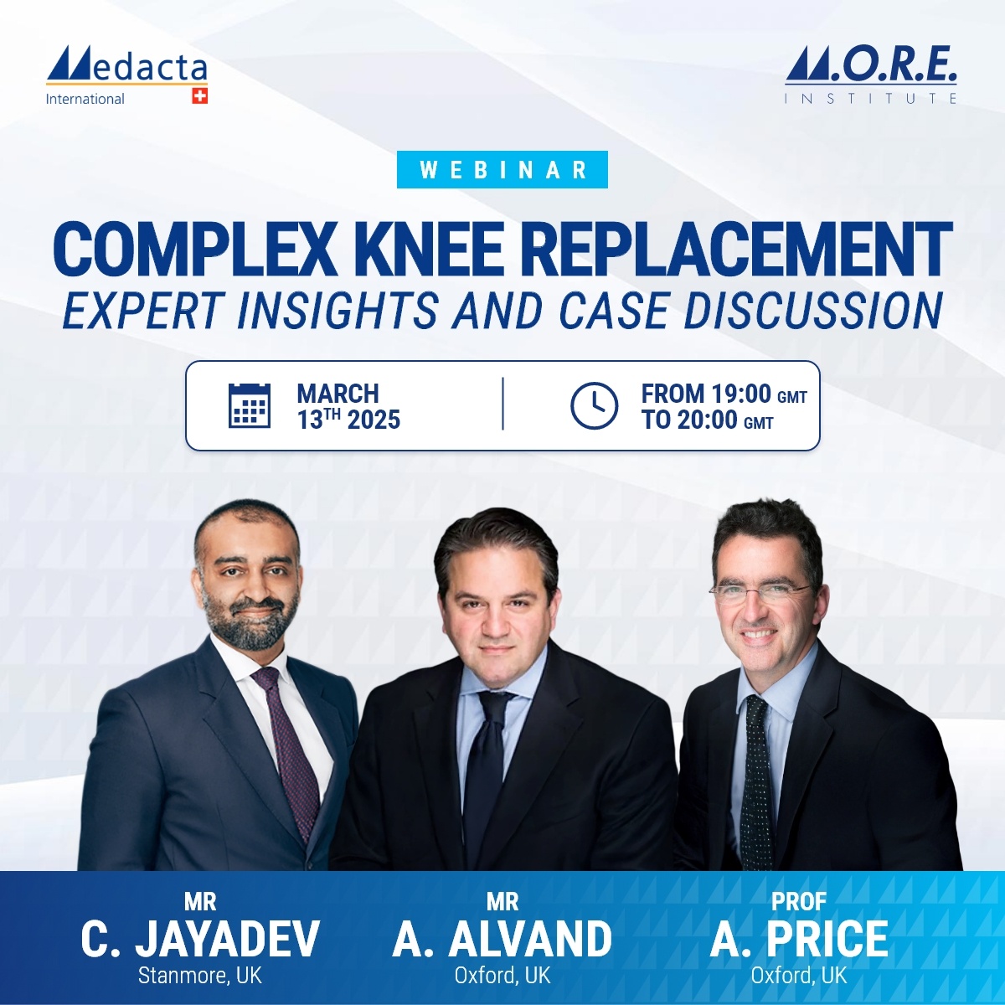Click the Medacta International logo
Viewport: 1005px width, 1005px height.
[126, 75]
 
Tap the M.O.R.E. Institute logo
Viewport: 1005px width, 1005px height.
[871, 75]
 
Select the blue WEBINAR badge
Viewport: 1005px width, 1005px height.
[502, 169]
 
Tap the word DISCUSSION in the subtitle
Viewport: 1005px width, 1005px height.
[813, 310]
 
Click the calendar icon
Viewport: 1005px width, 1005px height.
[250, 405]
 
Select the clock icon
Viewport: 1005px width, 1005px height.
[594, 405]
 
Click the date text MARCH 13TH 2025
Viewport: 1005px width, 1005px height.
[348, 406]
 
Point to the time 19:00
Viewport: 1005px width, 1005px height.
[741, 394]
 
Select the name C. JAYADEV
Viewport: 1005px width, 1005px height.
[200, 939]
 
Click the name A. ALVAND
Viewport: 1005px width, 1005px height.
[502, 939]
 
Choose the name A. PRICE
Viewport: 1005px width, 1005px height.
[799, 939]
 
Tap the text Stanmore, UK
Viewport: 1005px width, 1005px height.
[200, 976]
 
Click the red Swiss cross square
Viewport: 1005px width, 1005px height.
[199, 95]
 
